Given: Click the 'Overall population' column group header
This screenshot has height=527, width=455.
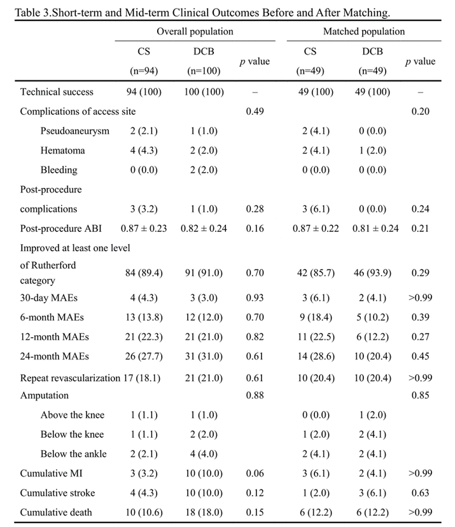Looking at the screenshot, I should (195, 31).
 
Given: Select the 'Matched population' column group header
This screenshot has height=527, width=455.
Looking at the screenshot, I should (363, 31).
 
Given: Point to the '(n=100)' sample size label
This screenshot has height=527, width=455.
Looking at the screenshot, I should (204, 71).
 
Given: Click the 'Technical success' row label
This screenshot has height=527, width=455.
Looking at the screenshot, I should (57, 92).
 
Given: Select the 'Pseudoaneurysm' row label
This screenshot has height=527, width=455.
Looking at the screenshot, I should (74, 131).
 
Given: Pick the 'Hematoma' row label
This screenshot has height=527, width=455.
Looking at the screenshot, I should (62, 150).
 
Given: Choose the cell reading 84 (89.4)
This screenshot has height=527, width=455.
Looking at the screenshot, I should (144, 273).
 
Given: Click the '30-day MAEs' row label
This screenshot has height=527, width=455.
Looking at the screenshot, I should (50, 297).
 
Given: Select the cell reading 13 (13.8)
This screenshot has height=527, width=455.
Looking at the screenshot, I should (144, 317).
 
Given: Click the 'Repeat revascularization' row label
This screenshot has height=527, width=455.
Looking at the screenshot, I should (70, 378).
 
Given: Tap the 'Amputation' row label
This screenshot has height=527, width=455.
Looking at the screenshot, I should (44, 395).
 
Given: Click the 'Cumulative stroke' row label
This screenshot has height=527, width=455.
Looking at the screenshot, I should (57, 493).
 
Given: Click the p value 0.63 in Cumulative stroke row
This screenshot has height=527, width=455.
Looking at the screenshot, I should (419, 493).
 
